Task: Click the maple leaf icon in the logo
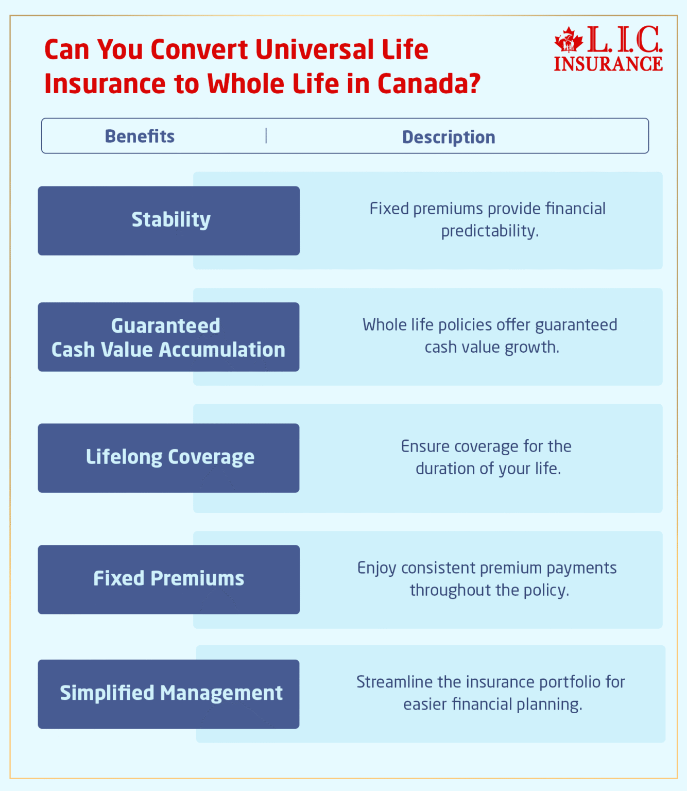pyautogui.click(x=568, y=40)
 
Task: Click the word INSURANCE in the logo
pyautogui.click(x=608, y=64)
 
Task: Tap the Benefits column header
pyautogui.click(x=140, y=136)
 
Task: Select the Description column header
pyautogui.click(x=449, y=137)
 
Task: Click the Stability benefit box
pyautogui.click(x=169, y=220)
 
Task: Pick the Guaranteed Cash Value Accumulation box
pyautogui.click(x=168, y=337)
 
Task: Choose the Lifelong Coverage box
pyautogui.click(x=168, y=458)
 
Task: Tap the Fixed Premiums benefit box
pyautogui.click(x=169, y=579)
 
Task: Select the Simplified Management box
pyautogui.click(x=168, y=694)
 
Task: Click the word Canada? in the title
pyautogui.click(x=429, y=84)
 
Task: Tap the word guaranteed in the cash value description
pyautogui.click(x=576, y=325)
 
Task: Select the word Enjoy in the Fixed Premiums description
pyautogui.click(x=376, y=569)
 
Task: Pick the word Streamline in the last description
pyautogui.click(x=394, y=682)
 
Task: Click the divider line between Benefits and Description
pyautogui.click(x=266, y=136)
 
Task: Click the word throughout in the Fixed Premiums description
pyautogui.click(x=441, y=590)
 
